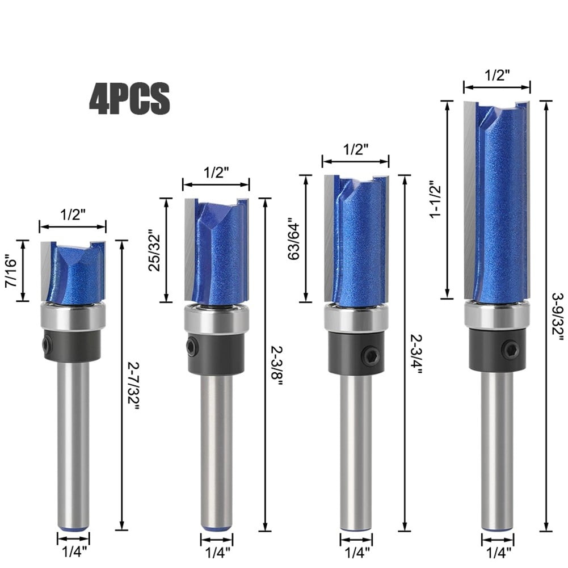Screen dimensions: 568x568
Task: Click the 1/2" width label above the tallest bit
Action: (497, 74)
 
